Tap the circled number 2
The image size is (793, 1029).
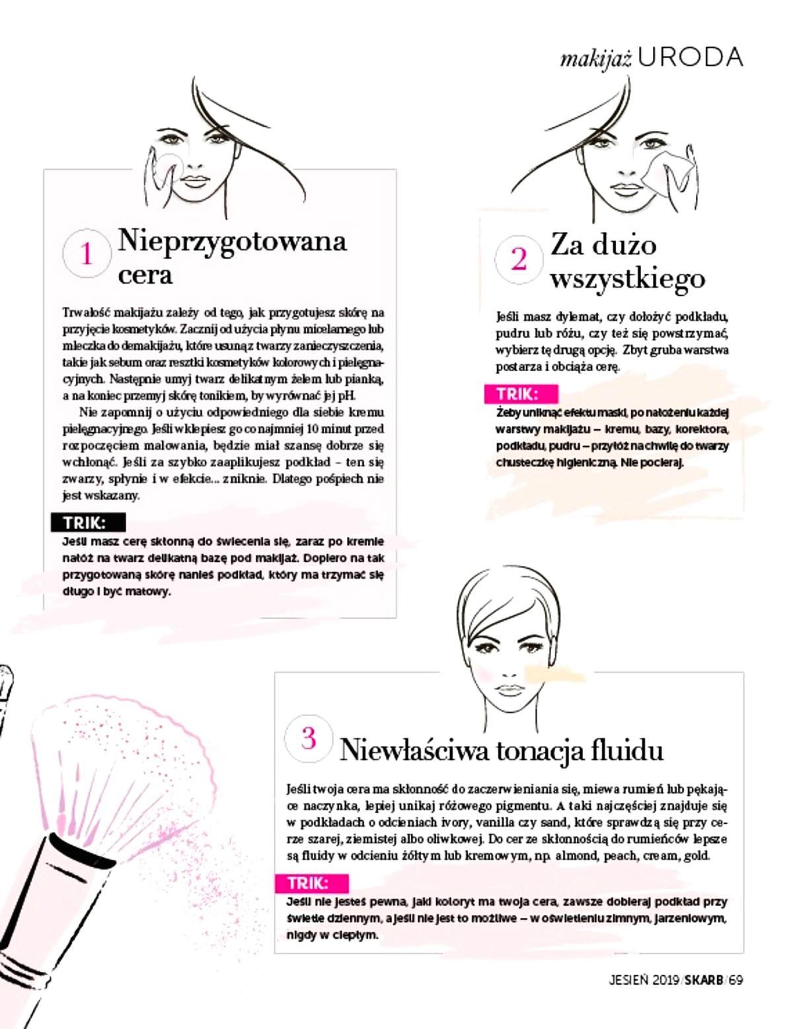[x=519, y=259]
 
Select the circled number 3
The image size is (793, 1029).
[x=308, y=738]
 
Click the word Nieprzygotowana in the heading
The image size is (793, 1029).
[x=232, y=240]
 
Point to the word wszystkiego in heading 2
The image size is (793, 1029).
[x=627, y=278]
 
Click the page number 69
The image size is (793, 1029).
[x=736, y=980]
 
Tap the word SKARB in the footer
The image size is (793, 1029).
[x=703, y=980]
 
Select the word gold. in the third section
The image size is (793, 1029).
[x=696, y=856]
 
